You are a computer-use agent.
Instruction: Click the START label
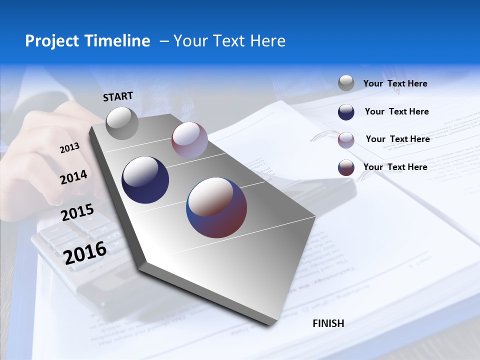click(x=118, y=96)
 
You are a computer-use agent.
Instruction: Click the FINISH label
click(x=328, y=323)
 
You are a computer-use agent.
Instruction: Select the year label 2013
click(x=69, y=148)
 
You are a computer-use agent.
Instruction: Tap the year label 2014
click(x=73, y=177)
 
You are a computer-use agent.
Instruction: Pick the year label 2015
click(x=77, y=212)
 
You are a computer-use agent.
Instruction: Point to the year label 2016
click(x=85, y=252)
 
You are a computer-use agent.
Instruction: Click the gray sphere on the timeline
click(x=122, y=123)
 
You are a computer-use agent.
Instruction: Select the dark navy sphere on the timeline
click(x=145, y=180)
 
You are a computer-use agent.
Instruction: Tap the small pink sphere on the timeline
click(x=189, y=140)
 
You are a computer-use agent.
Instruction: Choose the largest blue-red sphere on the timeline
click(x=216, y=207)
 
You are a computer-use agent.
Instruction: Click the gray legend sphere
click(x=346, y=83)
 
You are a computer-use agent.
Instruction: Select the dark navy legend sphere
click(x=346, y=112)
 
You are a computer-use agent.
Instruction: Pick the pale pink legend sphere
click(x=346, y=140)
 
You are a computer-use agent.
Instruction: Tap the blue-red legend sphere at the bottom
click(x=346, y=168)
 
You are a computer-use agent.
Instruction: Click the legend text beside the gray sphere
click(x=395, y=83)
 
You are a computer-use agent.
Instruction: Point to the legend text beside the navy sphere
click(x=396, y=111)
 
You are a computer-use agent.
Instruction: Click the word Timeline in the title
click(x=118, y=41)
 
